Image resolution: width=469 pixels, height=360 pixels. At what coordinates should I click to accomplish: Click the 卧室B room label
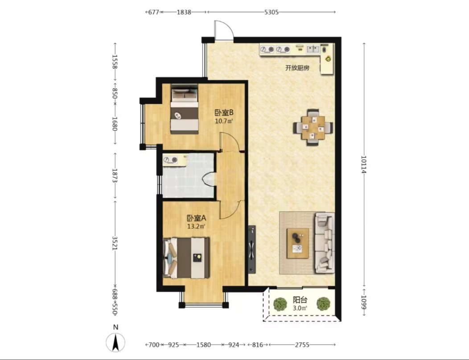[x=224, y=113]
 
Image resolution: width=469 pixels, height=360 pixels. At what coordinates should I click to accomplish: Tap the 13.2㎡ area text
[x=196, y=226]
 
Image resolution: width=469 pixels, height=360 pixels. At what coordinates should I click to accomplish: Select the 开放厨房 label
[x=297, y=68]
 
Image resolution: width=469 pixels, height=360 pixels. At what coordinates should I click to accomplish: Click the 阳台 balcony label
[x=300, y=299]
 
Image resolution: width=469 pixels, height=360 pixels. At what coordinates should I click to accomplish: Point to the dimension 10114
[x=364, y=164]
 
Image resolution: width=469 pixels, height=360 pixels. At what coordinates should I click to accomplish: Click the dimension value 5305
[x=272, y=12]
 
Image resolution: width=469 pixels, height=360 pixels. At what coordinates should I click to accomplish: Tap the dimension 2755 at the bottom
[x=302, y=345]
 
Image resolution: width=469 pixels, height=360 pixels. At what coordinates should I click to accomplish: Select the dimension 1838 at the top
[x=184, y=12]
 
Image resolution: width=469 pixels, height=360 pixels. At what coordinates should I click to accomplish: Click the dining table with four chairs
[x=313, y=127]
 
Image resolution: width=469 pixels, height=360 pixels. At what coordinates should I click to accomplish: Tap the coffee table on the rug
[x=298, y=243]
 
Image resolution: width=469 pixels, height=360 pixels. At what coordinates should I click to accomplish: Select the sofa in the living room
[x=325, y=242]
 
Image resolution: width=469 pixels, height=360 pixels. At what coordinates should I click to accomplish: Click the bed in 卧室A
[x=186, y=258]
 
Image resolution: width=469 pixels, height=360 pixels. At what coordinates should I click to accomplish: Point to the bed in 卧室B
[x=185, y=109]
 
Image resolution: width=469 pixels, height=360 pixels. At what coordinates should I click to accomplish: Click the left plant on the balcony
[x=280, y=304]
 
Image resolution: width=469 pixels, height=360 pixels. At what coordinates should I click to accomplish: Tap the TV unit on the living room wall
[x=251, y=250]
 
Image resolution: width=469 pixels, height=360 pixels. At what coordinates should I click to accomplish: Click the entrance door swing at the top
[x=223, y=30]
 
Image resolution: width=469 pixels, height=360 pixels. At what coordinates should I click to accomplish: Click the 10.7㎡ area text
[x=224, y=121]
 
